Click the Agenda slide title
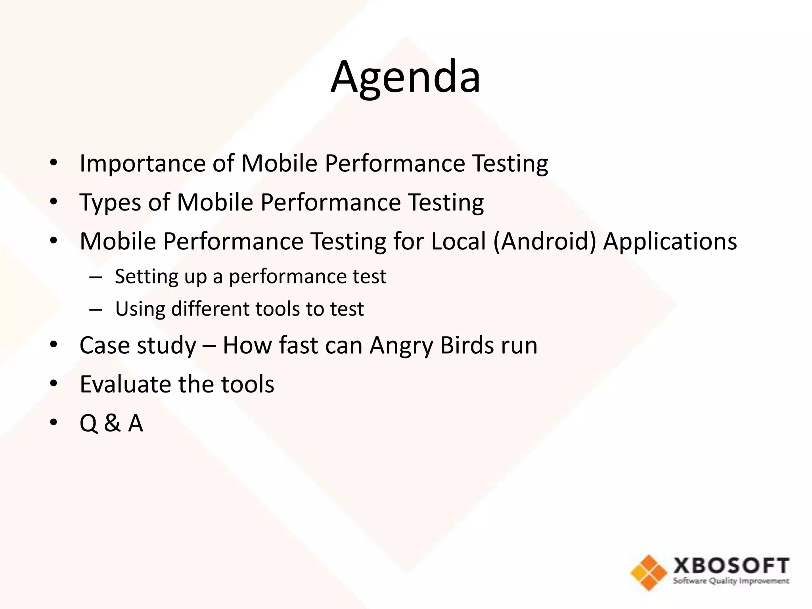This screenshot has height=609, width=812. pos(406,77)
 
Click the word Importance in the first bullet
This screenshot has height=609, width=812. pos(142,164)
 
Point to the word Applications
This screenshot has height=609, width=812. pos(670,241)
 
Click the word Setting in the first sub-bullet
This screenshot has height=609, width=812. pos(146,277)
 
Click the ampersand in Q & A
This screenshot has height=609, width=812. pos(112,423)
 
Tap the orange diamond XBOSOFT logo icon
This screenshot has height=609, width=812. pos(649,573)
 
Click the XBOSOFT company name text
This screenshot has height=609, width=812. pos(731,565)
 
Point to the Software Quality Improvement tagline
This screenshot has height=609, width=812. pos(731,581)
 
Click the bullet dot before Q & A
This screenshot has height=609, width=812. pos(54,423)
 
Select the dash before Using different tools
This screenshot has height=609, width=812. pos(96,309)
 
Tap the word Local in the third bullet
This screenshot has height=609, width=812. pos(458,241)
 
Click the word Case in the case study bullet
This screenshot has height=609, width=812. pos(105,345)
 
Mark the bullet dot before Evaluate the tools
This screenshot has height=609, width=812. pos(54,384)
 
